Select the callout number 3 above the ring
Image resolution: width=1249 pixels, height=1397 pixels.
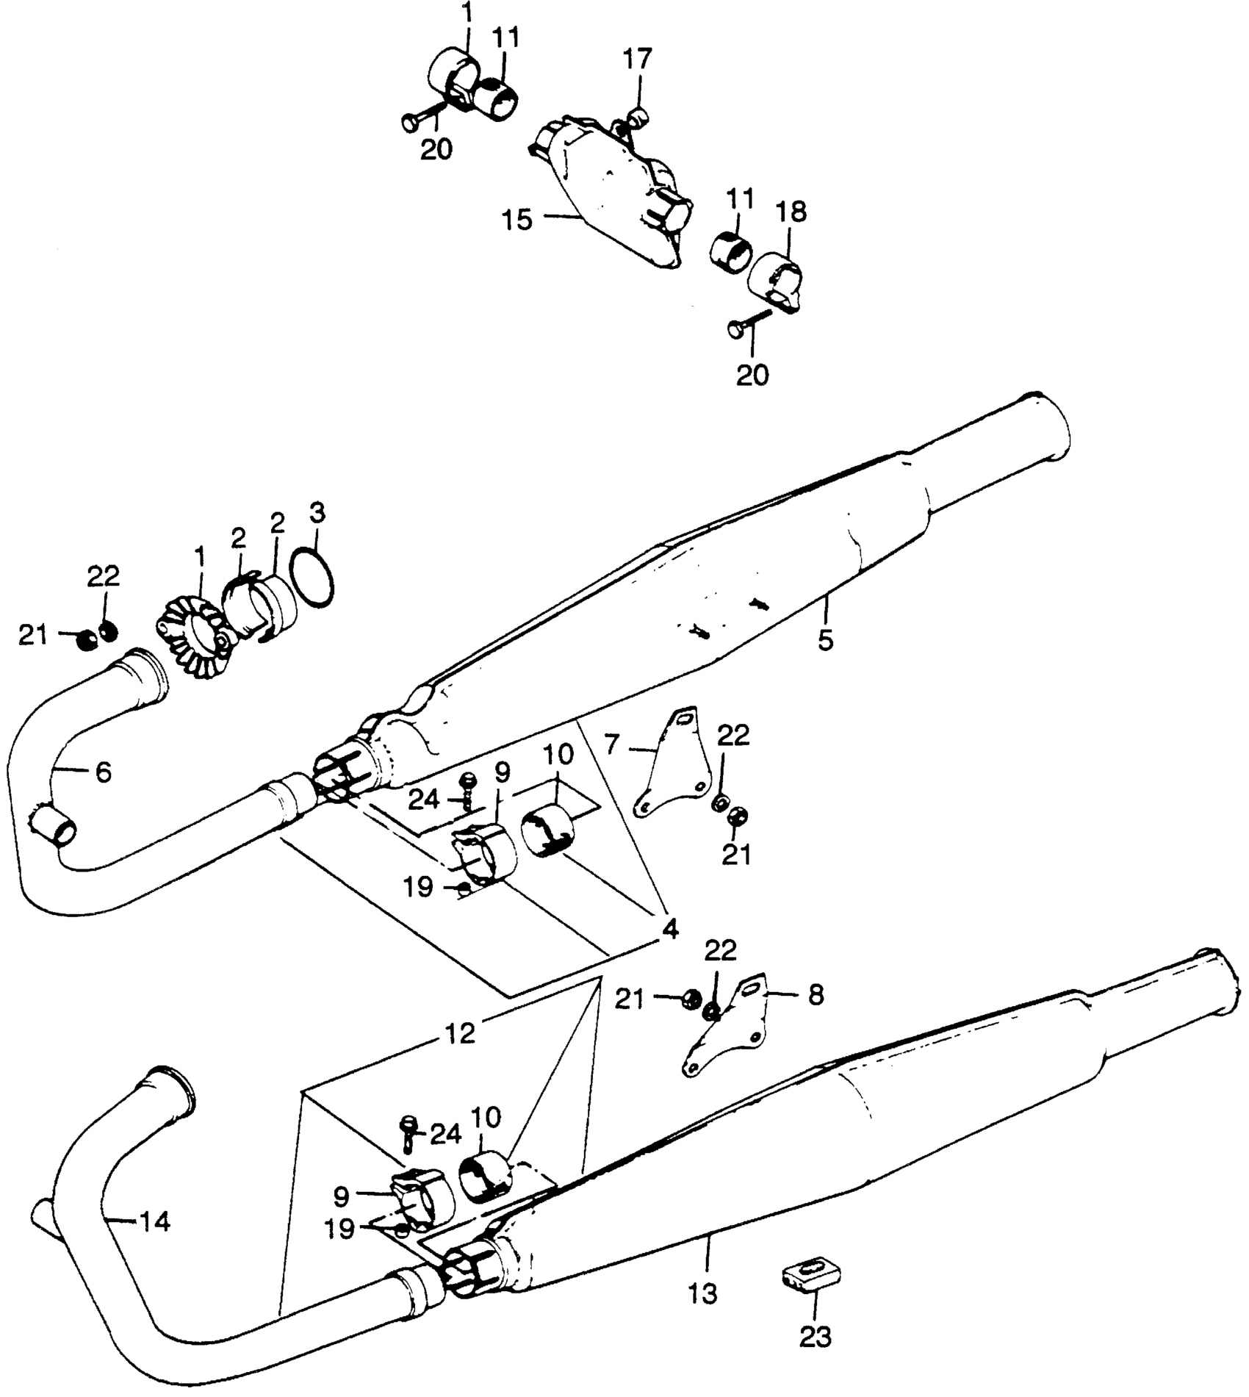click(316, 512)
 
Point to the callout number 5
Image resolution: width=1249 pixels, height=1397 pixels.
click(826, 639)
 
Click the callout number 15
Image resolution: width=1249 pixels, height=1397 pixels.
click(518, 219)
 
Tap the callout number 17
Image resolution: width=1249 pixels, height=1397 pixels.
click(638, 58)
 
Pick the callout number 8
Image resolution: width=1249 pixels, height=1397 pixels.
click(816, 995)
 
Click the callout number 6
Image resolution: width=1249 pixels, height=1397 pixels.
click(103, 772)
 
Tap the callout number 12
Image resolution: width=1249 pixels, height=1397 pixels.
click(460, 1033)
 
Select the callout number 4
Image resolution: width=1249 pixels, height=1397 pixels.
click(669, 929)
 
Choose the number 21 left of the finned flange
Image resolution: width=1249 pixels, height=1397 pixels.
click(33, 635)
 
